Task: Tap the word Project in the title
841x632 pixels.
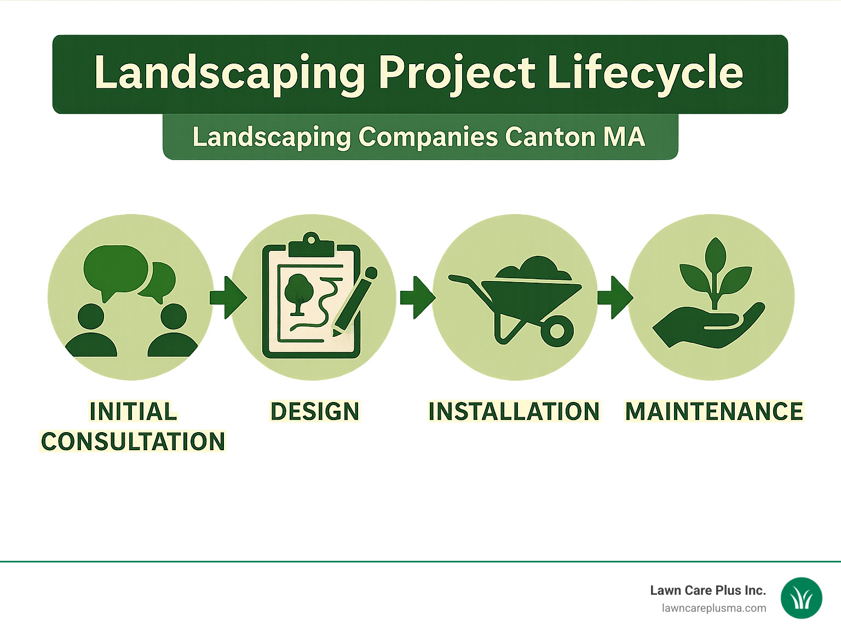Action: [457, 73]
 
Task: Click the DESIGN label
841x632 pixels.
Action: [315, 412]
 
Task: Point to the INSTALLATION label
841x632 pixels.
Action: [514, 412]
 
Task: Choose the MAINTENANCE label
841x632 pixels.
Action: [714, 412]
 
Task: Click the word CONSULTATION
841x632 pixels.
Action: [133, 442]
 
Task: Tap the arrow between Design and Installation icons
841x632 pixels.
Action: [417, 297]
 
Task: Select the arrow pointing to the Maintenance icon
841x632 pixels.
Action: [614, 297]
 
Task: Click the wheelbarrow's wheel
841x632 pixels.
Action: [557, 331]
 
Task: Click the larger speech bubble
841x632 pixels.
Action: [115, 270]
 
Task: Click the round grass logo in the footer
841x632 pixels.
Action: [801, 598]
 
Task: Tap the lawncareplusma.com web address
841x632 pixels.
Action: [713, 608]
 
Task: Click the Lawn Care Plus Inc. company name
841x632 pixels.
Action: [707, 590]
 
